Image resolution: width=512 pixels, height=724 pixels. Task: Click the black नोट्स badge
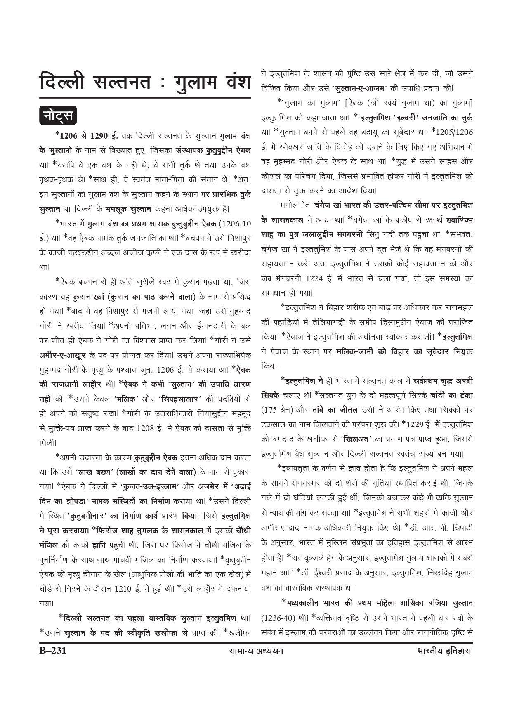58,116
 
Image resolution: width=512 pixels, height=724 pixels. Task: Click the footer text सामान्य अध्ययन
256,651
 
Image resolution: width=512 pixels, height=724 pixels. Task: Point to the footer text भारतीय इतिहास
444,651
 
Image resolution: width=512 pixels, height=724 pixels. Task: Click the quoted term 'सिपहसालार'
179,399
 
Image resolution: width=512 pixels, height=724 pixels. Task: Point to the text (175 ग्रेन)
278,410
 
